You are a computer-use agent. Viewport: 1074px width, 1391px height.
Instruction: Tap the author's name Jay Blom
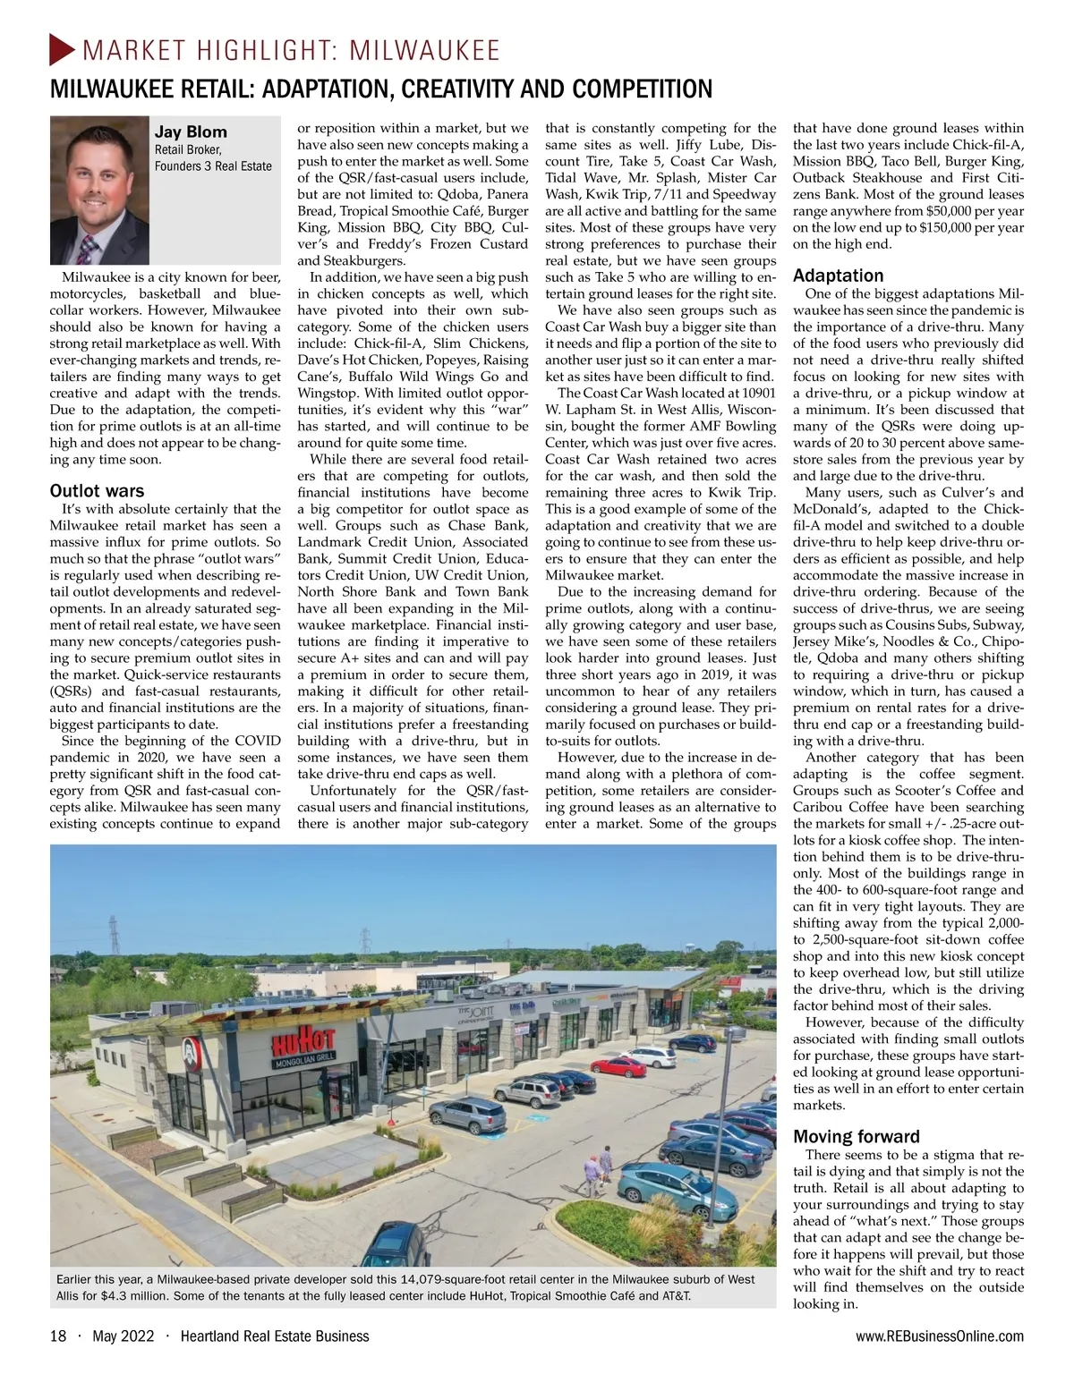(x=191, y=131)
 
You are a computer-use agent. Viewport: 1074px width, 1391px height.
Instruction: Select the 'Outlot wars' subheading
(x=97, y=491)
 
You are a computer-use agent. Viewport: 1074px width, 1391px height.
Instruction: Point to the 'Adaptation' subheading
(x=838, y=276)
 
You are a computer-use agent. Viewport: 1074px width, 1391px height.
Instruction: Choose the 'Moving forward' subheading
(x=857, y=1137)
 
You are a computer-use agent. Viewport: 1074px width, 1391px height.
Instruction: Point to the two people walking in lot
(x=597, y=1165)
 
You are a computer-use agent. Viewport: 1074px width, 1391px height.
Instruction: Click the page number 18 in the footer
(x=58, y=1336)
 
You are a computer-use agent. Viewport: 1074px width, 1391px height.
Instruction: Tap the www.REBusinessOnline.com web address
(x=939, y=1336)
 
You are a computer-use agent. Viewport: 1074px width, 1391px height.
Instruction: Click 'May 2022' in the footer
(x=124, y=1336)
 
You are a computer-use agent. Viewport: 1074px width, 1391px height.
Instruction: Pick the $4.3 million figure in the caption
(x=120, y=1295)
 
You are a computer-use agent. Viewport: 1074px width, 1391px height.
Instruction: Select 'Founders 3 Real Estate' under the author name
(x=213, y=166)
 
